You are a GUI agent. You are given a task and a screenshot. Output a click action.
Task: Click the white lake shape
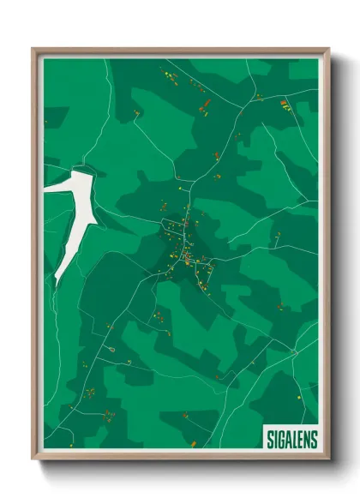[x=70, y=214]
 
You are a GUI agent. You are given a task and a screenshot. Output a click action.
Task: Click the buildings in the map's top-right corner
[x=285, y=105]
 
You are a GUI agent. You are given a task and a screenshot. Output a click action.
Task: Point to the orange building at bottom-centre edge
[x=192, y=443]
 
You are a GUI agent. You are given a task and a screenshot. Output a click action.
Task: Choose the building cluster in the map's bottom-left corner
[x=109, y=417]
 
